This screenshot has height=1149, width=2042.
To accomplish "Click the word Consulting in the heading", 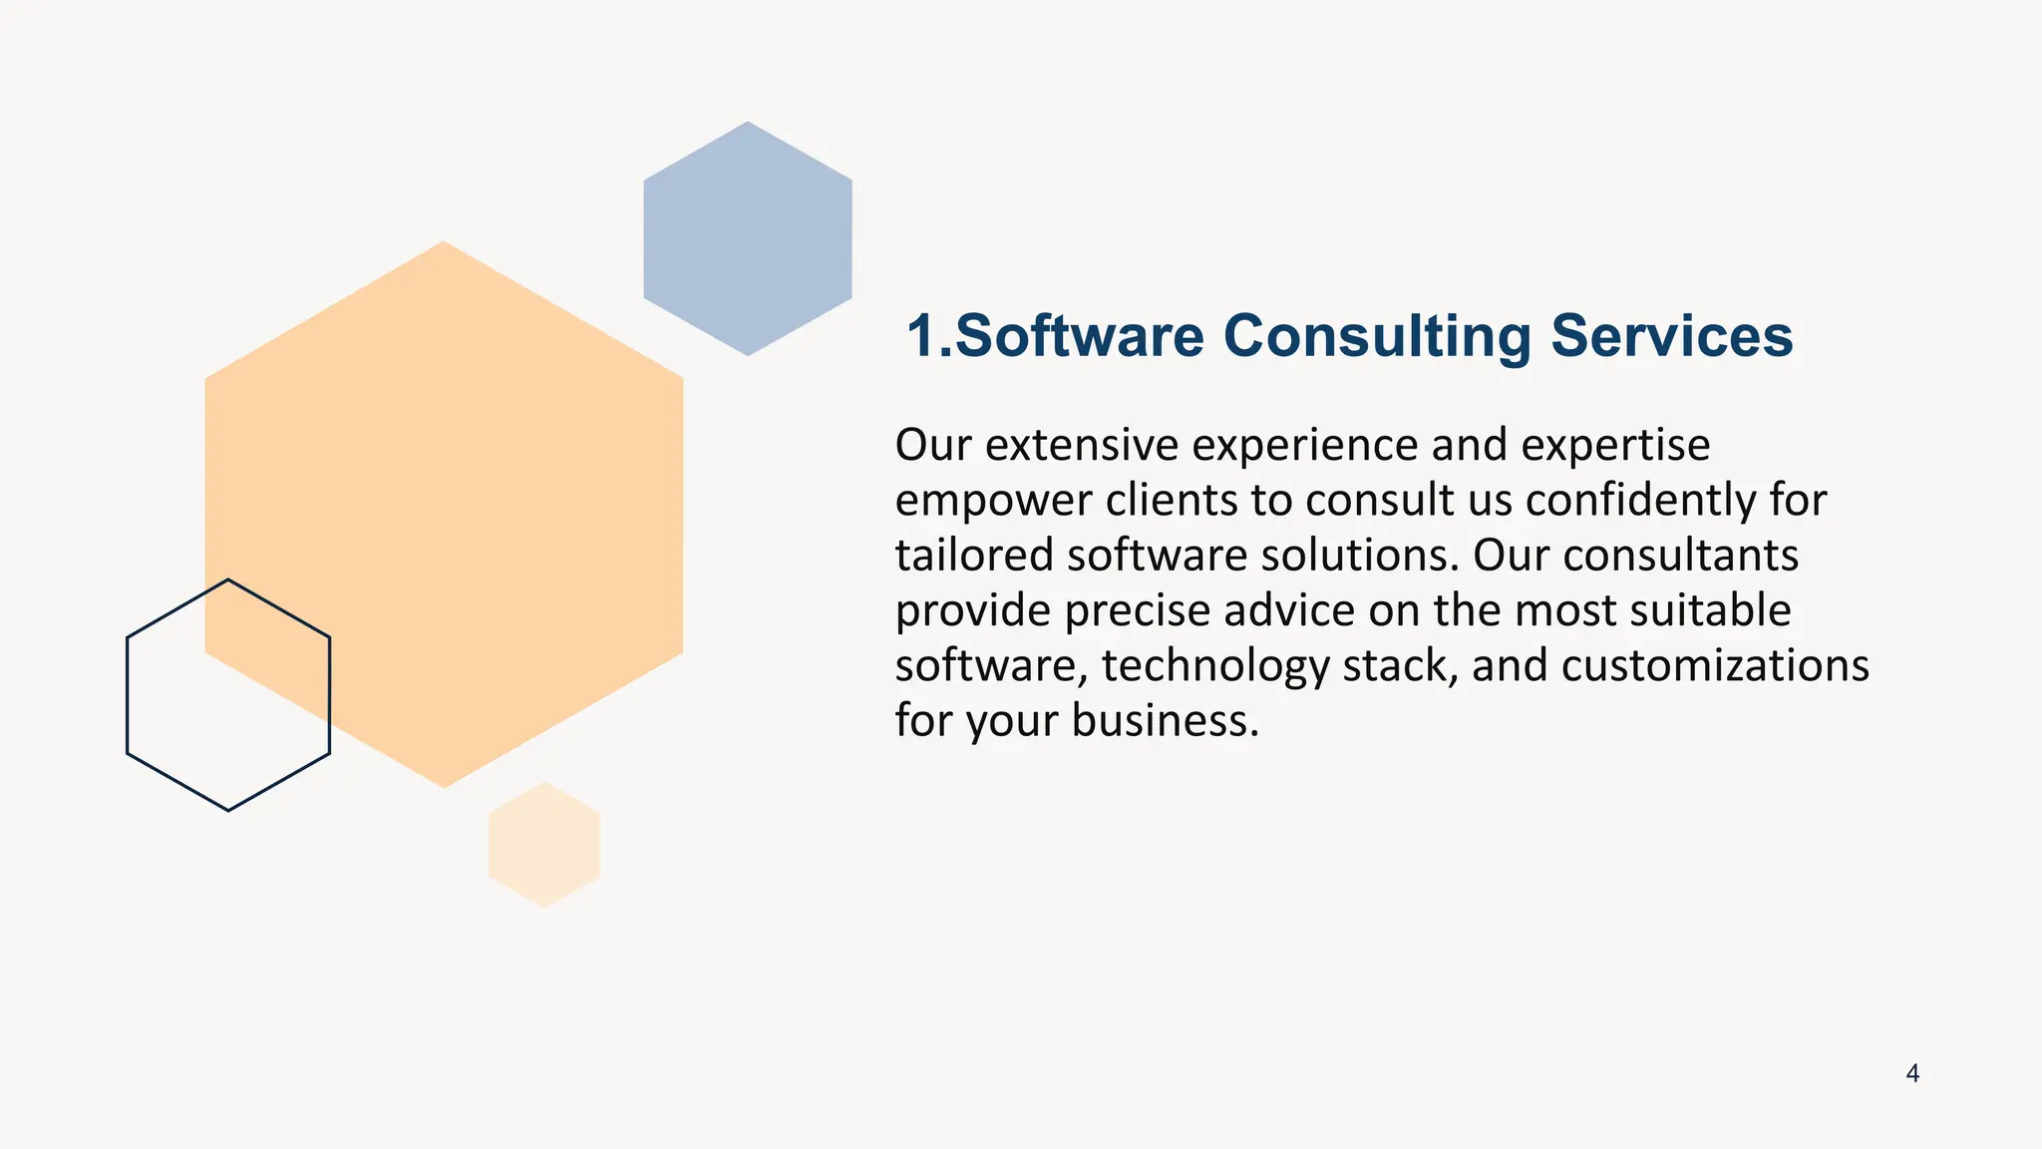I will (x=1376, y=337).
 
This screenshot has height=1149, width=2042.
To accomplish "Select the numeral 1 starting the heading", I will (x=922, y=336).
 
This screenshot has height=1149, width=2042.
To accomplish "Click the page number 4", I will (x=1912, y=1073).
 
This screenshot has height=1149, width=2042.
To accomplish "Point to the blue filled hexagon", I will (x=748, y=238).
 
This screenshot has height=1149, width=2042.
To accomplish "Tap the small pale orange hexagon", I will (x=543, y=845).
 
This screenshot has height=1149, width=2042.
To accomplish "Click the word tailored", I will (x=973, y=556).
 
